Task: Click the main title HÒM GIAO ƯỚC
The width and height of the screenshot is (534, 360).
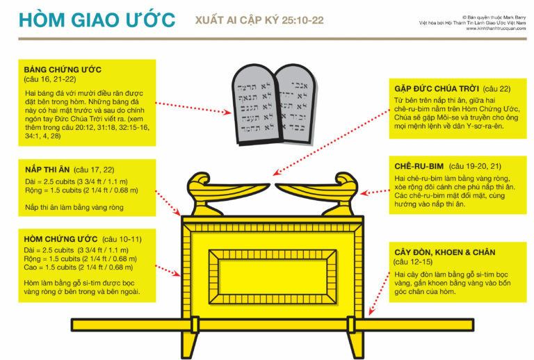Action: tap(97, 19)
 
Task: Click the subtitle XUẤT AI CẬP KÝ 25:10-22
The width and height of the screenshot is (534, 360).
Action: tap(259, 20)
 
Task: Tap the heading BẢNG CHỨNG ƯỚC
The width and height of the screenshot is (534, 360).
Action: tap(63, 70)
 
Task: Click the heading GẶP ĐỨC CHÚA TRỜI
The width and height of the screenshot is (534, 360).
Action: tap(431, 88)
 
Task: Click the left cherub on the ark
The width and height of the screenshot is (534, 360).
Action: tap(211, 191)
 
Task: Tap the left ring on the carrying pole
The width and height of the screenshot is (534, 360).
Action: tap(194, 325)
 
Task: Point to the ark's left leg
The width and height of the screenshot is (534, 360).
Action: tap(195, 345)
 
